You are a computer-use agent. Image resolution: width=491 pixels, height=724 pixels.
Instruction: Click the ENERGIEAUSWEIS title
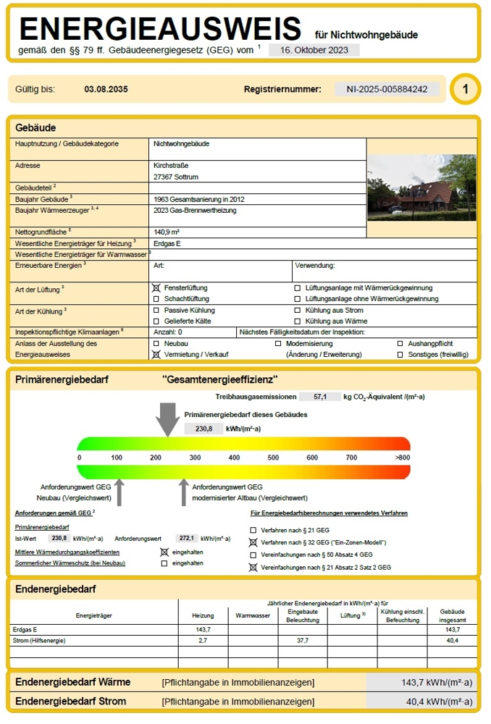[160, 28]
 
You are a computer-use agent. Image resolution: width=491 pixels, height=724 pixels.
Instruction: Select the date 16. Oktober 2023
[314, 50]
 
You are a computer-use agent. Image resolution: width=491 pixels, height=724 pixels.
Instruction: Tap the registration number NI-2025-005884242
[387, 89]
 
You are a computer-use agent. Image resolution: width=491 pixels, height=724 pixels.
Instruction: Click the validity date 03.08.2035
[106, 90]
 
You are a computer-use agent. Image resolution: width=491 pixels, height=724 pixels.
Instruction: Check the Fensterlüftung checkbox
[156, 288]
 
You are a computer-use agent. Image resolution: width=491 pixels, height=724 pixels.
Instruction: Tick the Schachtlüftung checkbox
[156, 299]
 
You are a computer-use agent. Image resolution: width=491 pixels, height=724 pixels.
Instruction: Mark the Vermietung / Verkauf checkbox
[156, 355]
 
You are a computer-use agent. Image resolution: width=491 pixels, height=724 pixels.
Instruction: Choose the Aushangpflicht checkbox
[400, 343]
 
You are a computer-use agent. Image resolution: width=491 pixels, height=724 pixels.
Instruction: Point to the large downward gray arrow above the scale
[168, 420]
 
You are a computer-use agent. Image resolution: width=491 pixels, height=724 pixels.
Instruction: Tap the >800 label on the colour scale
[403, 458]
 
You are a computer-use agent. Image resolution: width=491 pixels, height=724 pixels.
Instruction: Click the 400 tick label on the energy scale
[234, 458]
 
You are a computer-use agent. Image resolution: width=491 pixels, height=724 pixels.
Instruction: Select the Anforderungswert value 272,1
[187, 539]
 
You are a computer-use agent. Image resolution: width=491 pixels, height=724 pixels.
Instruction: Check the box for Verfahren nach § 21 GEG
[253, 531]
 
